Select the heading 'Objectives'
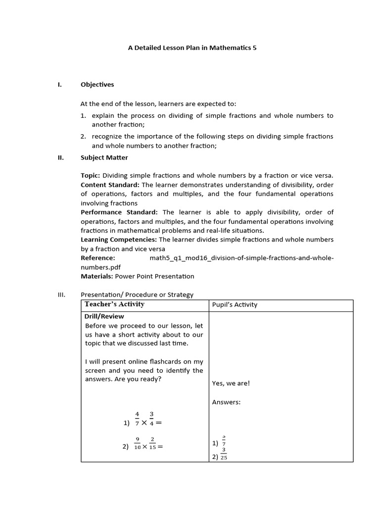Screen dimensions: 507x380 (97, 85)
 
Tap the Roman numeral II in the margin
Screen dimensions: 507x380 (60, 158)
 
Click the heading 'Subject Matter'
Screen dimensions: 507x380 (104, 158)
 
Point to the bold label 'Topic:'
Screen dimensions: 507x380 (91, 176)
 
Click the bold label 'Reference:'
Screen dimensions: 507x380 (97, 258)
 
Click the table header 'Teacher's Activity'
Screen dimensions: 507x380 (114, 304)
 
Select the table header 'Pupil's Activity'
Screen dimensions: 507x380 (235, 305)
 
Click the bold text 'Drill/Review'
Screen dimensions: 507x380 (104, 316)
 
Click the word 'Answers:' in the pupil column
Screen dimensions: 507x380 (226, 402)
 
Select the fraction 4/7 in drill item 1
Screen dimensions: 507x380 (137, 419)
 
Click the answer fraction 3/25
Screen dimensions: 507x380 (224, 454)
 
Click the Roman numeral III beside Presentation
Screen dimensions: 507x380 (62, 295)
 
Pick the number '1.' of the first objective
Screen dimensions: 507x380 (84, 116)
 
